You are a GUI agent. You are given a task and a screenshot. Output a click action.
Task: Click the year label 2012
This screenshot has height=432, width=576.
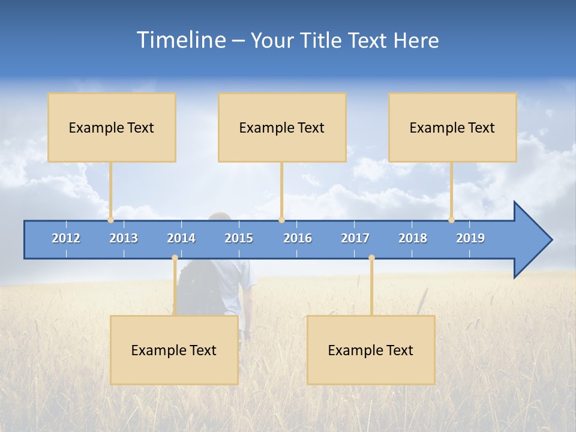pos(66,238)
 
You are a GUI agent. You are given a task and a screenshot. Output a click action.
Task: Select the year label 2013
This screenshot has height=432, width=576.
pos(124,238)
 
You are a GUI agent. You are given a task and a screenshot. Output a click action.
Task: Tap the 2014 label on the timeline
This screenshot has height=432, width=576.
pos(181,238)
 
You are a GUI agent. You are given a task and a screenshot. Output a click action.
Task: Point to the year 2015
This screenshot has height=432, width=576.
pos(239,238)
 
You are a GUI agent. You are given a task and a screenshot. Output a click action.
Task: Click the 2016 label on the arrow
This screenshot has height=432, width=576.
pos(298,238)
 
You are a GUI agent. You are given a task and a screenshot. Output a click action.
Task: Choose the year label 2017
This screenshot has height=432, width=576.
pos(355,238)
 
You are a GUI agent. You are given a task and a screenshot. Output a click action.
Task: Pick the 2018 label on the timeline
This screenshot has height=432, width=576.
pos(413,238)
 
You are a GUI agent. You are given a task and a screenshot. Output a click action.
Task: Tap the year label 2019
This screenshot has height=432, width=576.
pos(470,238)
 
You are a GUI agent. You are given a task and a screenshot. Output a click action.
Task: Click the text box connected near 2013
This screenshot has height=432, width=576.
pos(112,127)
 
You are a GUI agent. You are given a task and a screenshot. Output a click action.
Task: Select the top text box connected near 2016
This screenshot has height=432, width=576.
pos(282,127)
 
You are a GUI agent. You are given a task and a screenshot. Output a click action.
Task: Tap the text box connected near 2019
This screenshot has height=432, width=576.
pos(452,127)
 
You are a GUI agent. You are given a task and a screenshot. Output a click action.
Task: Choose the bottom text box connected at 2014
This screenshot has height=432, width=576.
pos(174,350)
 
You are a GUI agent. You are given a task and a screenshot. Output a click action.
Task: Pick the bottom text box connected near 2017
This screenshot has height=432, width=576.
pos(371,350)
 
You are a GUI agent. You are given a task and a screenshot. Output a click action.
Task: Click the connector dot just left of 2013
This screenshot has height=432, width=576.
pos(110,220)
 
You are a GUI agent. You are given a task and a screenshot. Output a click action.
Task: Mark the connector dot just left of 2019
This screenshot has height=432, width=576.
pos(451,220)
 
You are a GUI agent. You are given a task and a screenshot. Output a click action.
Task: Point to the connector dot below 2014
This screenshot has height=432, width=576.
pos(175,258)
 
